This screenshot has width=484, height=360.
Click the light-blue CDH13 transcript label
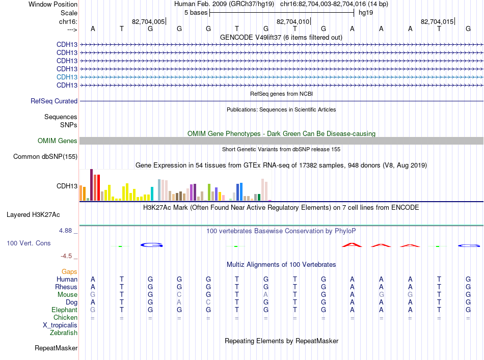click(67, 77)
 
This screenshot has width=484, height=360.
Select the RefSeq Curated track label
click(54, 101)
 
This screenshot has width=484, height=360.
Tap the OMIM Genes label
click(58, 141)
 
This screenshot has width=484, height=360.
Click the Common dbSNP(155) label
click(45, 157)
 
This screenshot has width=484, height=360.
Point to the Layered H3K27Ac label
click(33, 215)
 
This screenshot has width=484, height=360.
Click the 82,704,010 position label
click(292, 21)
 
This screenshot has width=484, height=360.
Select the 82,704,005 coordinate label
click(148, 21)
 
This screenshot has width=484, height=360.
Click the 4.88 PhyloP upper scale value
click(65, 231)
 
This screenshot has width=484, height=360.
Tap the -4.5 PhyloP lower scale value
click(66, 256)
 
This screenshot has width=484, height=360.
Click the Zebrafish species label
click(64, 333)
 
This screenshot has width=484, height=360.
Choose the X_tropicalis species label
click(60, 325)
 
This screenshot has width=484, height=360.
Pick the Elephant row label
click(65, 310)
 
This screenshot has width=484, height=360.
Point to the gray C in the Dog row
click(208, 302)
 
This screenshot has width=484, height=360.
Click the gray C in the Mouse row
click(179, 295)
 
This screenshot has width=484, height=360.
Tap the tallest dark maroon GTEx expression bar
click(91, 185)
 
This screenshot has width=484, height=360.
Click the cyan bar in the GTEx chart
click(152, 193)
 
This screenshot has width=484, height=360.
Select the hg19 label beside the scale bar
click(366, 13)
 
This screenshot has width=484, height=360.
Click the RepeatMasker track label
click(56, 348)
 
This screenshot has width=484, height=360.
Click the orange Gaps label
click(69, 271)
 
